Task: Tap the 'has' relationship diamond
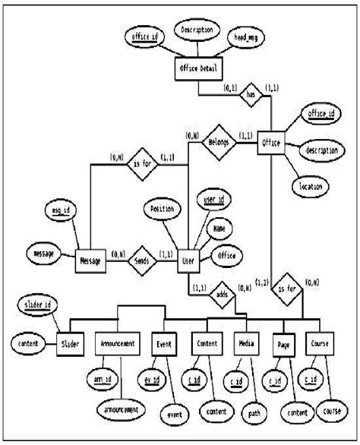point(251,95)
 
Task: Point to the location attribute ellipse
point(311,185)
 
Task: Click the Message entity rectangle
point(89,261)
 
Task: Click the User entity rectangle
point(189,261)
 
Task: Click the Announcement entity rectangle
point(117,343)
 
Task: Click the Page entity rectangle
point(282,344)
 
